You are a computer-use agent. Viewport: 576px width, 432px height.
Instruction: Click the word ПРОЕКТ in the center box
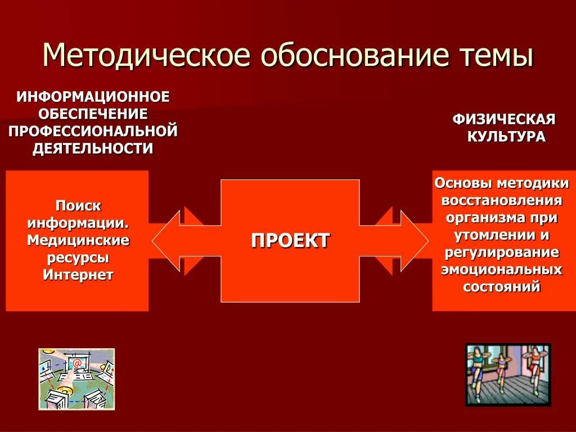pos(290,241)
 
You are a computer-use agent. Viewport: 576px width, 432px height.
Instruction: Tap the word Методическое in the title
pos(145,56)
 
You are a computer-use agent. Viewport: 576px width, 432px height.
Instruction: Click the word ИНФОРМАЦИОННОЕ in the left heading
pos(93,97)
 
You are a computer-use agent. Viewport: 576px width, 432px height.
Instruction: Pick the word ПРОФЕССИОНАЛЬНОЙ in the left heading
pos(93,132)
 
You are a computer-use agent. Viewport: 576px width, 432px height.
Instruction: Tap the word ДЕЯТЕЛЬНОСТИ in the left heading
pos(93,149)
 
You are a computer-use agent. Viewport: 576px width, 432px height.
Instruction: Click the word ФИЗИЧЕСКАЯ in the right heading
pos(505,119)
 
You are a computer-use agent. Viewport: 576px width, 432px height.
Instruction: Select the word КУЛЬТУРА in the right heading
pos(506,137)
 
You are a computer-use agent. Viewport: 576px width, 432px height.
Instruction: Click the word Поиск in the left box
pos(78,205)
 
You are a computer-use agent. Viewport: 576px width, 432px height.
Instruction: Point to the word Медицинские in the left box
pos(78,240)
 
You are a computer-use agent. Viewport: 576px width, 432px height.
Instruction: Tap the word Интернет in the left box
pos(78,274)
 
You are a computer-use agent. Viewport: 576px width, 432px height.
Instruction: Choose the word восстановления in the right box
pos(502,201)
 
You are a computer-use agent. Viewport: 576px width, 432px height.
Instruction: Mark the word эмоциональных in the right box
pos(502,269)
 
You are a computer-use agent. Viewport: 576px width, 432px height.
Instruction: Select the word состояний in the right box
pos(502,287)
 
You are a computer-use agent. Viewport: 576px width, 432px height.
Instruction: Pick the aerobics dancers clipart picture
pos(508,375)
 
